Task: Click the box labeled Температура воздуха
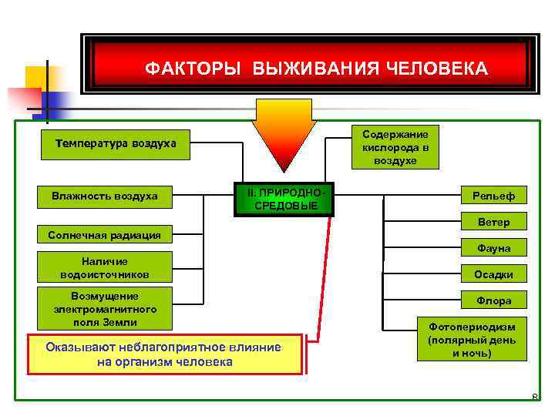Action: coord(116,143)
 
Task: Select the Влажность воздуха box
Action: coord(105,196)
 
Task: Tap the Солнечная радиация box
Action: coord(105,235)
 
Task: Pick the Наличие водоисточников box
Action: coord(105,268)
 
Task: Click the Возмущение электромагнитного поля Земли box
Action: coord(105,309)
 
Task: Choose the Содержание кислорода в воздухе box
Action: coord(395,147)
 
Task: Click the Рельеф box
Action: coord(493,196)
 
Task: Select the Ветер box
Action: coord(493,223)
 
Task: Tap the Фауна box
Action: coord(493,248)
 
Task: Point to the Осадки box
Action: coord(493,274)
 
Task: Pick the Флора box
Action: coord(493,300)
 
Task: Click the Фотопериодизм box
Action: coord(472,338)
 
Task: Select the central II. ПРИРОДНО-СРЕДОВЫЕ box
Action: coord(286,200)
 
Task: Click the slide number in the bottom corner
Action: coord(534,398)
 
